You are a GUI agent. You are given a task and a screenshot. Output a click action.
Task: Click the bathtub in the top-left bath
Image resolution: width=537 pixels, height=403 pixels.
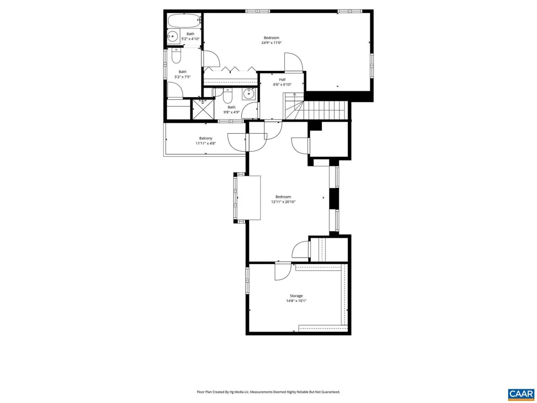click(184, 22)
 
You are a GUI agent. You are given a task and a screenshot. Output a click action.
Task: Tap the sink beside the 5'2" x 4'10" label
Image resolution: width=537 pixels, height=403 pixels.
click(173, 37)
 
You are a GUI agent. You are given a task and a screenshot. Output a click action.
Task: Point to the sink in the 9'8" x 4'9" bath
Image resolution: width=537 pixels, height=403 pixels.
click(249, 94)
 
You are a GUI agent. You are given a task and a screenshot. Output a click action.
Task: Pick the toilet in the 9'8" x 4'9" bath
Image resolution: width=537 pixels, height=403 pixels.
click(228, 97)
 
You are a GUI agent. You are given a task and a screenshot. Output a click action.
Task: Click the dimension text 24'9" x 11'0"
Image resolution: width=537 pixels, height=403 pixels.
click(271, 43)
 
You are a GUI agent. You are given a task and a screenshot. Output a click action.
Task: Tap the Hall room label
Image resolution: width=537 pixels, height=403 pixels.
click(282, 79)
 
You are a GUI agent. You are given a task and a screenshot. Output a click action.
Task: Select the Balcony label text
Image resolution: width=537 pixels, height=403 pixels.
click(206, 139)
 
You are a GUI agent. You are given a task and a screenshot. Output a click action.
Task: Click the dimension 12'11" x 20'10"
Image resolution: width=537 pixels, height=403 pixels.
click(283, 201)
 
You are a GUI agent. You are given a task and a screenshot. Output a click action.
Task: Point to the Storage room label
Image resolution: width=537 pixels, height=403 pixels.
click(296, 296)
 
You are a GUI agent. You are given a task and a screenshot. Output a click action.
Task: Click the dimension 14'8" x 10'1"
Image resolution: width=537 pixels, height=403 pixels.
click(296, 301)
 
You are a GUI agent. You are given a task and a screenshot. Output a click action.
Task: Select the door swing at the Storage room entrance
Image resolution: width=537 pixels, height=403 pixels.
click(282, 270)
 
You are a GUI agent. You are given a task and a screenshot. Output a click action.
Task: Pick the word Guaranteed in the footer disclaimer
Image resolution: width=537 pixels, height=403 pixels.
click(328, 392)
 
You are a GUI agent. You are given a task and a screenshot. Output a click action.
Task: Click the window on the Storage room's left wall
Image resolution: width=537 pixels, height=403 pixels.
click(247, 281)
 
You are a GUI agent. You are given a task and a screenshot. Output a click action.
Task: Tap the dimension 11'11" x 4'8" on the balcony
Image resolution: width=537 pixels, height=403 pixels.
click(206, 143)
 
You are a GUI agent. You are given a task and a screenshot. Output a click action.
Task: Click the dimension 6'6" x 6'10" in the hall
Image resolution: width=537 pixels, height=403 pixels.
click(282, 84)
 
